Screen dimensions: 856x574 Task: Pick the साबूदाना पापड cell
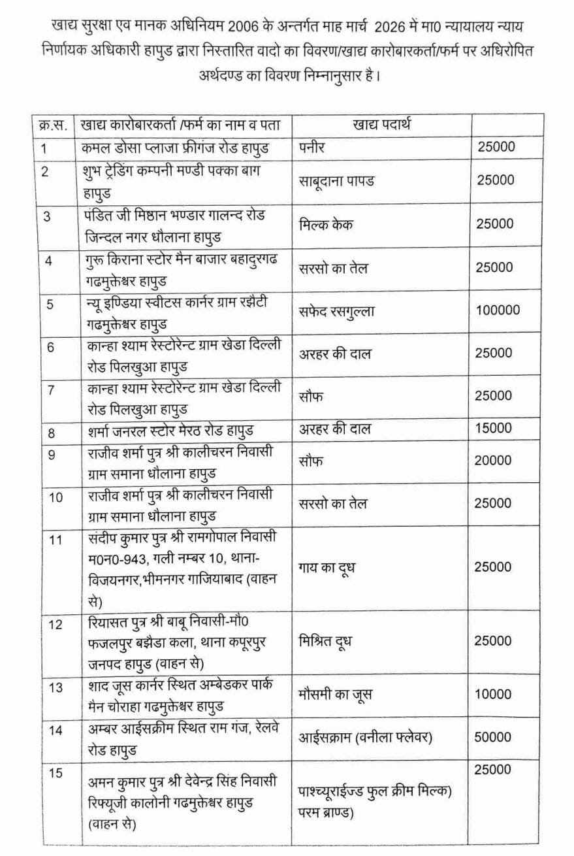(x=336, y=180)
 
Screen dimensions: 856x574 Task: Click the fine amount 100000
(x=498, y=310)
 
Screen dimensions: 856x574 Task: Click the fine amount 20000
(x=494, y=460)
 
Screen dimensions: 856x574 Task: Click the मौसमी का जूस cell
(x=334, y=694)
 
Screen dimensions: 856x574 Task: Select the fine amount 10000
(x=494, y=694)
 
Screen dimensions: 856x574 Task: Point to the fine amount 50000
(x=494, y=737)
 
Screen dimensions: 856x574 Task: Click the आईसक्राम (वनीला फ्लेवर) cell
(x=366, y=737)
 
